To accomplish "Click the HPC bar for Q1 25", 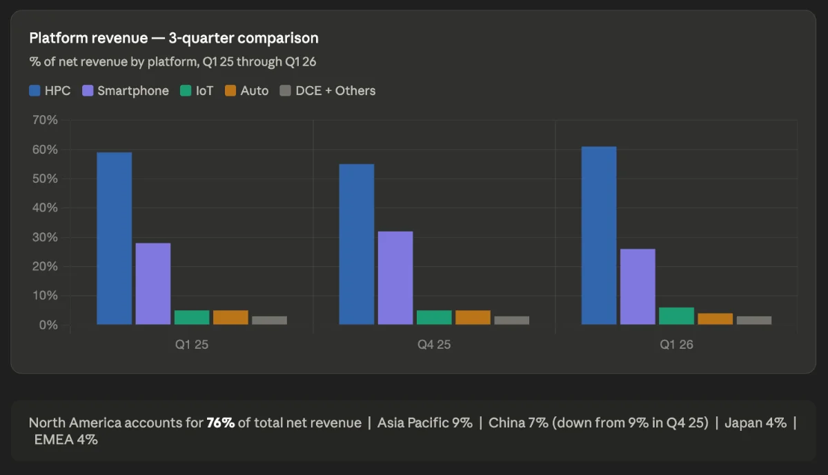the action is [x=115, y=239].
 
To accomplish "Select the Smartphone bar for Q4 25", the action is [x=395, y=278].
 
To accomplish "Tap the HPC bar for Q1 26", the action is [x=599, y=236].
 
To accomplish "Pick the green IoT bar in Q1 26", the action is [x=676, y=316].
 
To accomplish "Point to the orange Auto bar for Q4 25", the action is [x=473, y=318].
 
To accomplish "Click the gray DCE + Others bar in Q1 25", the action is [x=270, y=321].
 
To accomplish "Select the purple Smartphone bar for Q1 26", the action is [x=638, y=287].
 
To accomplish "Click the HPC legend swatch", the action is [x=34, y=90].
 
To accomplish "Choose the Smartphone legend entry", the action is [x=126, y=90].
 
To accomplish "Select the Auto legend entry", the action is [x=246, y=90].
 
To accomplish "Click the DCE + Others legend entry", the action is [x=328, y=90].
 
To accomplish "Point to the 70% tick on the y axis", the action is [x=45, y=120].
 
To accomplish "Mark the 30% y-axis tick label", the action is [x=45, y=237].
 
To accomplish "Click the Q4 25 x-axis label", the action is [x=434, y=345].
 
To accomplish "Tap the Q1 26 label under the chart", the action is [x=676, y=345].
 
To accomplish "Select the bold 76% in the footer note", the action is [x=221, y=423].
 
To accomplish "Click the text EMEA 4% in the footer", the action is [x=66, y=440].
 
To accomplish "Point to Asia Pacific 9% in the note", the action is [x=425, y=423].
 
